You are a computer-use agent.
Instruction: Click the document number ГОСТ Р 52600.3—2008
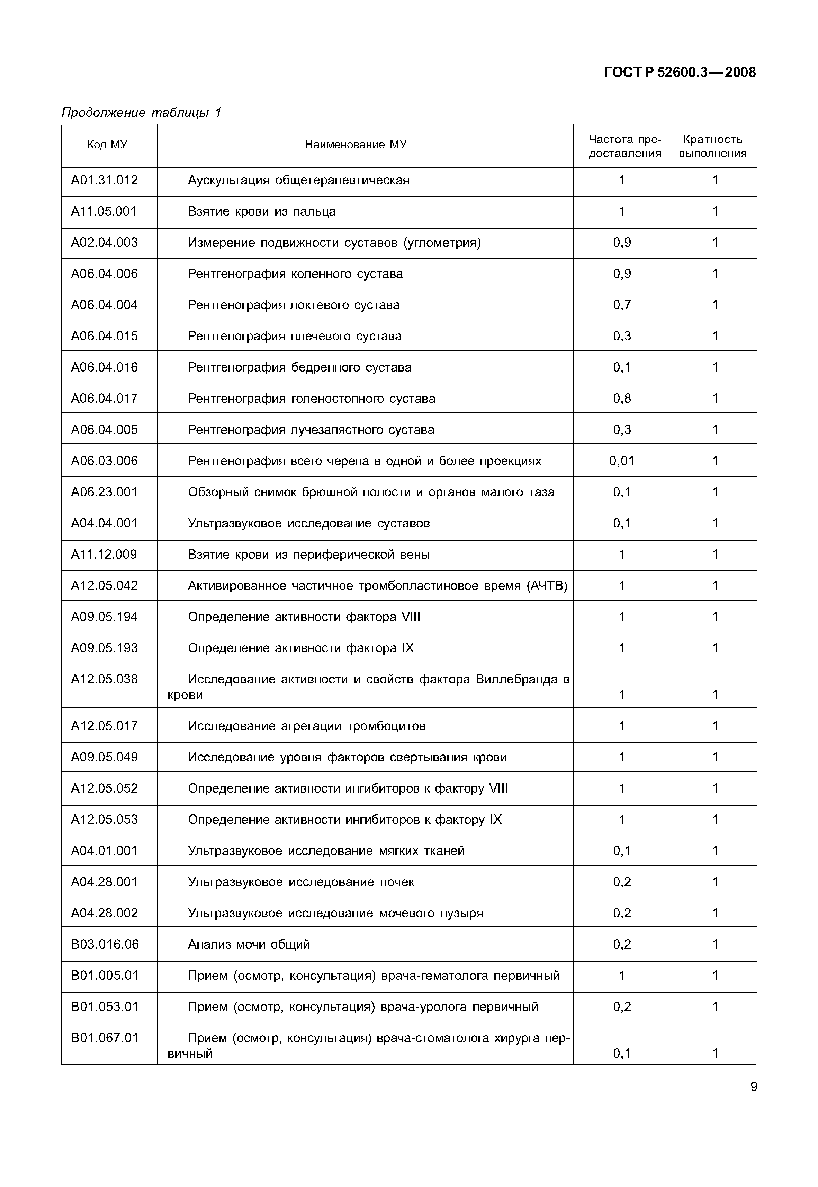(680, 72)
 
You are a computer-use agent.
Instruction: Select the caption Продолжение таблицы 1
(141, 112)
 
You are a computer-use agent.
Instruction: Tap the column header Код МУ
(107, 145)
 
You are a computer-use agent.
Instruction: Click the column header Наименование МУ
(356, 145)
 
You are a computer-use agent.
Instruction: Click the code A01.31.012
(105, 180)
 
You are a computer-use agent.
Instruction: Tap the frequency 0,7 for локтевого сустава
(622, 305)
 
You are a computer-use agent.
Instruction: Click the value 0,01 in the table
(622, 461)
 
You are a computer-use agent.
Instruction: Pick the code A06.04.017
(105, 398)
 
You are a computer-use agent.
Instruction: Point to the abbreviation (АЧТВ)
(547, 585)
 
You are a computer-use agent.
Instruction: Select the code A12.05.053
(105, 819)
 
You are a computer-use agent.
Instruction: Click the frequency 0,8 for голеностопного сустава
(622, 398)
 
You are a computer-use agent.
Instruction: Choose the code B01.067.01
(105, 1038)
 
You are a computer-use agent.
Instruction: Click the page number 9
(753, 1086)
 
